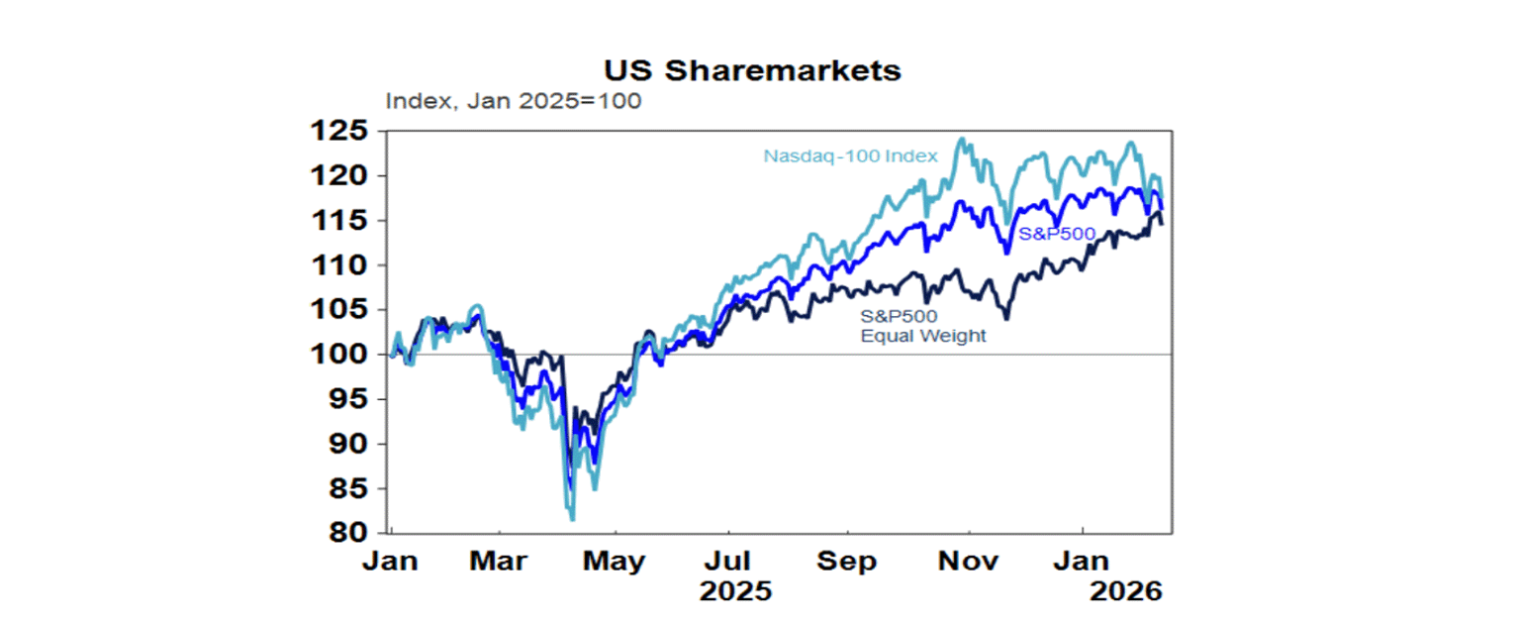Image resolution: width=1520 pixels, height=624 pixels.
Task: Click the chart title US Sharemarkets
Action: tap(753, 71)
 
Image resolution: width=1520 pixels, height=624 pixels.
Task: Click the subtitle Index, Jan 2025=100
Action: tap(513, 101)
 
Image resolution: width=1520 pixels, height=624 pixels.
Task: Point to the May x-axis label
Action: tap(615, 562)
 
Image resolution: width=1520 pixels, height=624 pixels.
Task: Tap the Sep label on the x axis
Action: tap(847, 562)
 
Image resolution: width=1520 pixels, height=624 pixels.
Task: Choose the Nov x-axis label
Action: tap(968, 562)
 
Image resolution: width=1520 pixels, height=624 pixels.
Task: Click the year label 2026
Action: tap(1125, 592)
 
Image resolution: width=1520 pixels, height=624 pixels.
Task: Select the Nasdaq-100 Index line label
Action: tap(850, 156)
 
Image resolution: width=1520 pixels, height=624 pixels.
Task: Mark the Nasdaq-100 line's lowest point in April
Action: tap(572, 519)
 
